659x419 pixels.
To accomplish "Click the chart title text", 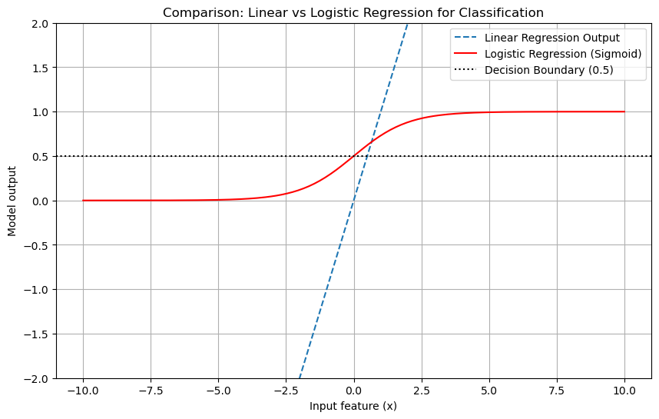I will [x=353, y=12].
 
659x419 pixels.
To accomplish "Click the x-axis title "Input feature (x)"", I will [x=353, y=406].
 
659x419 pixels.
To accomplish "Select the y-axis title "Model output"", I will [x=12, y=201].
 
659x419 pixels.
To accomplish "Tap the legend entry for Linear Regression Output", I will [x=551, y=38].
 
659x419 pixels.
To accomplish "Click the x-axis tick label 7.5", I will [x=557, y=390].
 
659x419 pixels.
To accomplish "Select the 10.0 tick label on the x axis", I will [x=624, y=390].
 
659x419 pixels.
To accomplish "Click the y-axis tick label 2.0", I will [x=41, y=24].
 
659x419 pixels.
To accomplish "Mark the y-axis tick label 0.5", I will [x=41, y=157].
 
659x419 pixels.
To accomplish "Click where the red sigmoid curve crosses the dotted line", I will [x=353, y=156].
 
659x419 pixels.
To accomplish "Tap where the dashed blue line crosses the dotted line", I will [x=367, y=156].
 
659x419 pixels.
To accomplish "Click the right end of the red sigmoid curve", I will [x=624, y=111].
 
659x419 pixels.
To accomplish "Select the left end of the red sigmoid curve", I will [x=83, y=201].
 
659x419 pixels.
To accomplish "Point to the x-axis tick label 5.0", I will [x=489, y=390].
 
